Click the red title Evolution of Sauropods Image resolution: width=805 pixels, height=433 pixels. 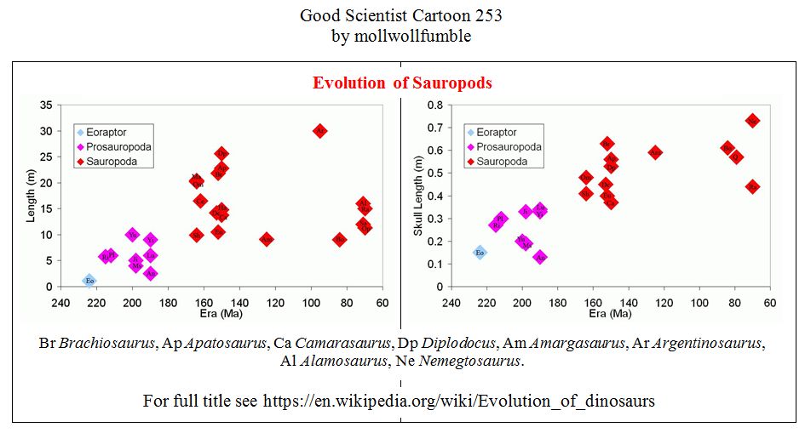pos(402,83)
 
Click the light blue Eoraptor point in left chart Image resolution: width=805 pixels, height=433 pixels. pos(89,280)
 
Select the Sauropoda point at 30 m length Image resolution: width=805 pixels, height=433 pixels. pos(319,131)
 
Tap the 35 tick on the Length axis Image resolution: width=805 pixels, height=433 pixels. pos(45,105)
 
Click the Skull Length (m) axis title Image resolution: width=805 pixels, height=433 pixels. pos(418,197)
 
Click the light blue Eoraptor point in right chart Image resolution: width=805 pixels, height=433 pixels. pos(480,252)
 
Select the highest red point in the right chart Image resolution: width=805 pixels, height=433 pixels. pos(752,121)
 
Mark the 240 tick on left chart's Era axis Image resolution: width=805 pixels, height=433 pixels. pos(60,303)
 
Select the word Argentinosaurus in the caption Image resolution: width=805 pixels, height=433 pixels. pos(714,343)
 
